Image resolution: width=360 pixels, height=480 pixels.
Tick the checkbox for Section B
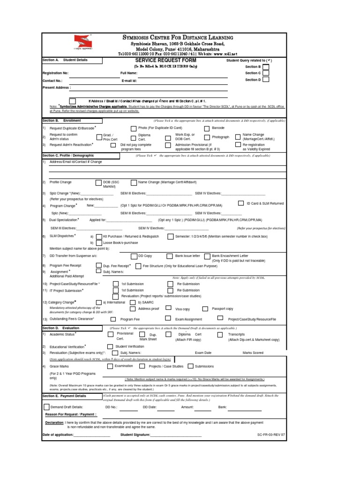pyautogui.click(x=266, y=67)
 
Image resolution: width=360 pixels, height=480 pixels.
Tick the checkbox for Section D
pyautogui.click(x=266, y=80)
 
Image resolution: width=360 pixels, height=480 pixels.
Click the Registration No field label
pyautogui.click(x=55, y=73)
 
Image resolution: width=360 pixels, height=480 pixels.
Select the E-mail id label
pyautogui.click(x=129, y=80)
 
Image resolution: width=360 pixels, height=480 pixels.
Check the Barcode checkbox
pyautogui.click(x=207, y=128)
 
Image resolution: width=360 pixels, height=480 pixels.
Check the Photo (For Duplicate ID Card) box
pyautogui.click(x=134, y=128)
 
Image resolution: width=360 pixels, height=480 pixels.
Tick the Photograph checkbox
pyautogui.click(x=207, y=137)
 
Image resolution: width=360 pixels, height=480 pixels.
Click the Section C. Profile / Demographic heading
pyautogui.click(x=65, y=155)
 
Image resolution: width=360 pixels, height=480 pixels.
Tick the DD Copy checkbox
pyautogui.click(x=134, y=256)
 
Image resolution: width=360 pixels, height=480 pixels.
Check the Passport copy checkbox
pyautogui.click(x=205, y=309)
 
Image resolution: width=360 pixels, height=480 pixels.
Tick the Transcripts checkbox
pyautogui.click(x=219, y=335)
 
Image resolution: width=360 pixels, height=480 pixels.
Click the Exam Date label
pyautogui.click(x=203, y=352)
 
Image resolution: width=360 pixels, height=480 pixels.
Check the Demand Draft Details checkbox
pyautogui.click(x=46, y=406)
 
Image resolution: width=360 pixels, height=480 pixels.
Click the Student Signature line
pyautogui.click(x=175, y=435)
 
